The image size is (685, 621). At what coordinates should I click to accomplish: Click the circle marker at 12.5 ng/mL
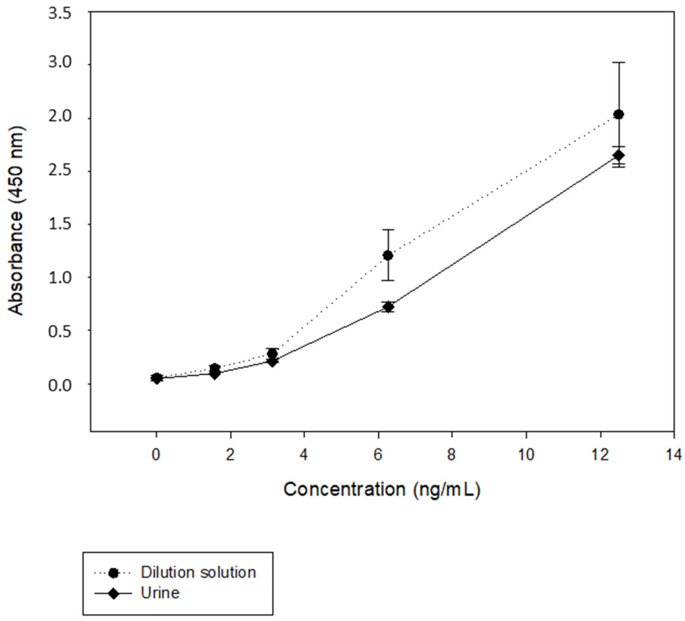pyautogui.click(x=619, y=115)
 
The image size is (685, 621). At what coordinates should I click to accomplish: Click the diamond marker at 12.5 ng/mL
pyautogui.click(x=619, y=155)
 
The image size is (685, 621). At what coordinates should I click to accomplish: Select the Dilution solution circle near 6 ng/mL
pyautogui.click(x=388, y=255)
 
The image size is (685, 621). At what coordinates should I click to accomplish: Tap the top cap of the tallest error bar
pyautogui.click(x=619, y=63)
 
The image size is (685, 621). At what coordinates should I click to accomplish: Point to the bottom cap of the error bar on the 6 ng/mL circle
pyautogui.click(x=388, y=280)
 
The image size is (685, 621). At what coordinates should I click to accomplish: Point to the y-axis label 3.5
pyautogui.click(x=60, y=14)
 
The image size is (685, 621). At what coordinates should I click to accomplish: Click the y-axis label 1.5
pyautogui.click(x=60, y=224)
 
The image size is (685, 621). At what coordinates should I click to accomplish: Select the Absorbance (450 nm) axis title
pyautogui.click(x=16, y=221)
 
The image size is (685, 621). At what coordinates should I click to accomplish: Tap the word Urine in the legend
pyautogui.click(x=160, y=593)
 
